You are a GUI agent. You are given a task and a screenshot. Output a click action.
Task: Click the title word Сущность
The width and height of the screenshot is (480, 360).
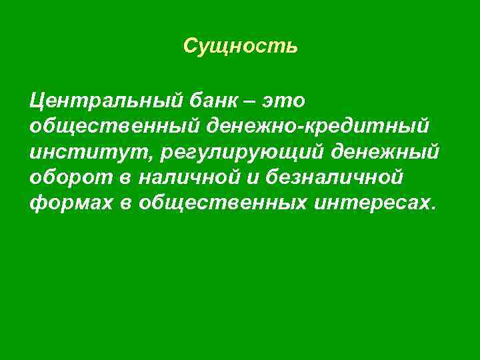[240, 47]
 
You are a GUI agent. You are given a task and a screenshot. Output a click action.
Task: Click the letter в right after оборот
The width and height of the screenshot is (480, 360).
[127, 179]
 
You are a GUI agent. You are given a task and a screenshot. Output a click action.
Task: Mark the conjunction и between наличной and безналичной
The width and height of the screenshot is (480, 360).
[257, 179]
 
